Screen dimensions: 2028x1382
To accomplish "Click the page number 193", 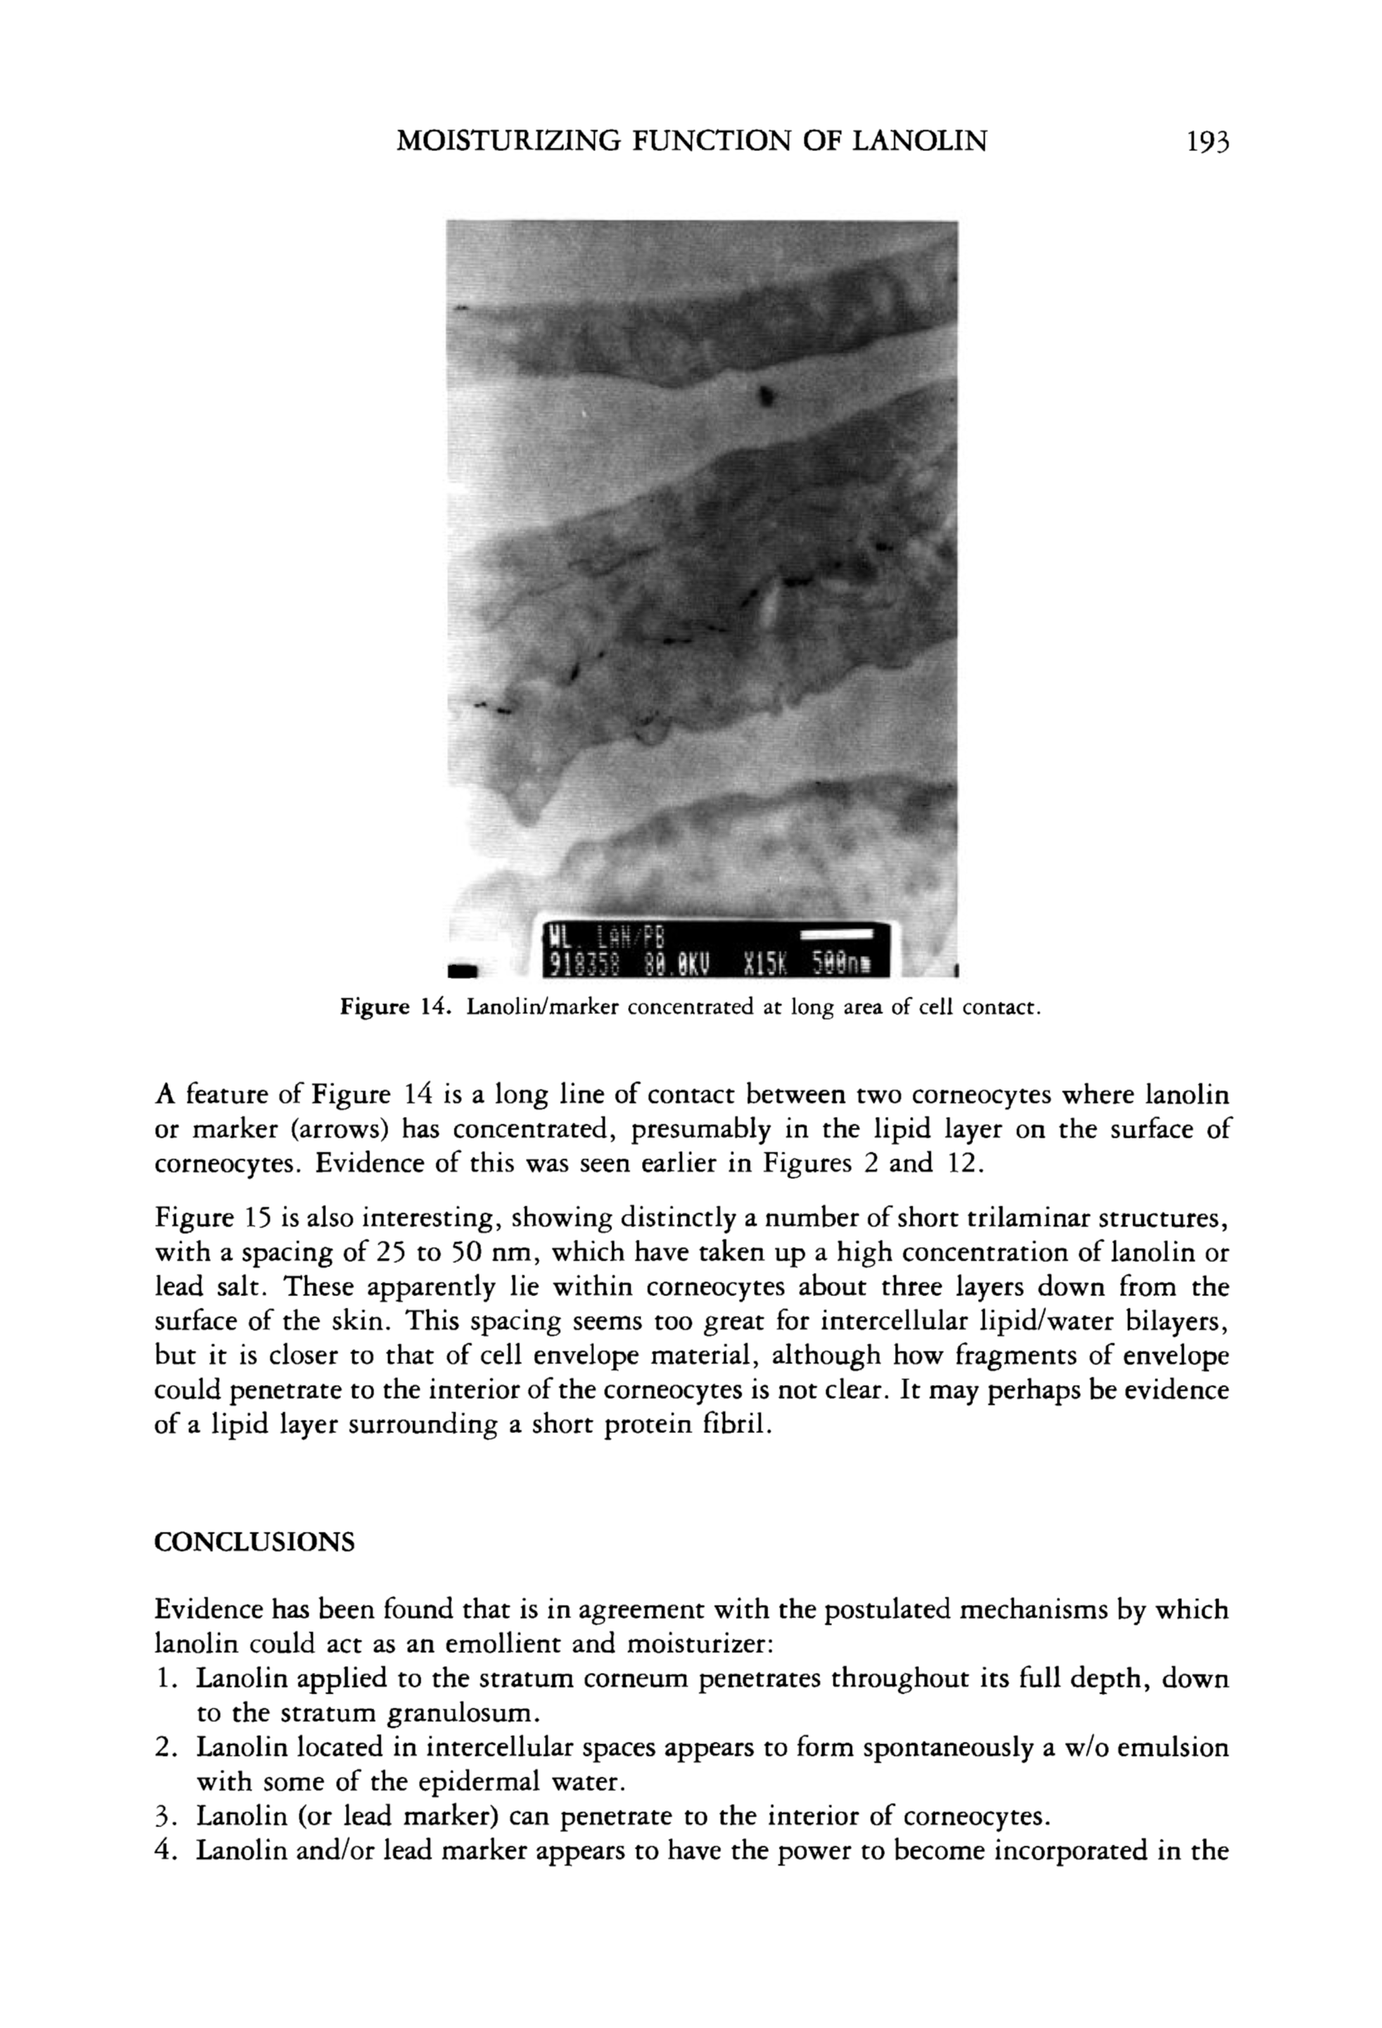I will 1207,140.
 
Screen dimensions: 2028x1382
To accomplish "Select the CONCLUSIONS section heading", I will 255,1542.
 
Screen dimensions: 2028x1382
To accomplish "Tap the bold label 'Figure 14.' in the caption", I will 394,1009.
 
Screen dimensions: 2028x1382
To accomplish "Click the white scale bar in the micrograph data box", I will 837,934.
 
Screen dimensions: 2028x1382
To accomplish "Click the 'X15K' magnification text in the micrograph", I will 764,964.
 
